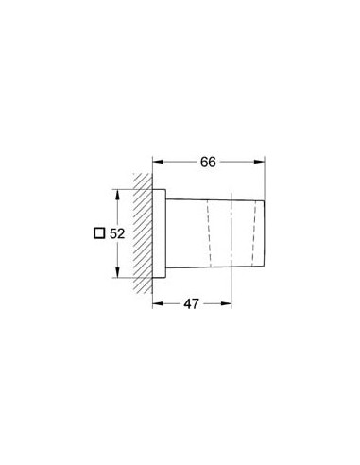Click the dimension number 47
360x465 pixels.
tap(192, 304)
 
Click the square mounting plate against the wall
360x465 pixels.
tap(161, 232)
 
